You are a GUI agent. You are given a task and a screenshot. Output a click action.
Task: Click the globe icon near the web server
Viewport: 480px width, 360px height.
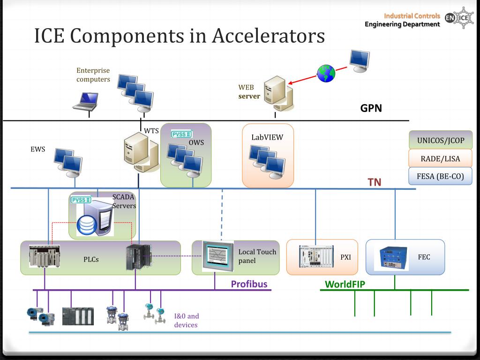[326, 74]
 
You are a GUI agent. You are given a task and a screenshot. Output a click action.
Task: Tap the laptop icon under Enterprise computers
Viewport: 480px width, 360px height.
[86, 102]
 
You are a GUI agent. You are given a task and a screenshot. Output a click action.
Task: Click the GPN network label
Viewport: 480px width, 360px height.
[371, 108]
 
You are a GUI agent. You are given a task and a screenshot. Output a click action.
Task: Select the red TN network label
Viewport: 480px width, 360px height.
[374, 182]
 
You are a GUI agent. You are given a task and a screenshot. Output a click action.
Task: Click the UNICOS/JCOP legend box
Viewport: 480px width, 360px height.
[441, 140]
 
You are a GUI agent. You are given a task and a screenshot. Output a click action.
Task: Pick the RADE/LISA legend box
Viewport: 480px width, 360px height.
[441, 158]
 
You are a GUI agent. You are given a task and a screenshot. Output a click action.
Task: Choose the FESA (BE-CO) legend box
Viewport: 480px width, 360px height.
[441, 176]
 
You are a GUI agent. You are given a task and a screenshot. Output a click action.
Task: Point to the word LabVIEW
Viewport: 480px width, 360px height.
[267, 137]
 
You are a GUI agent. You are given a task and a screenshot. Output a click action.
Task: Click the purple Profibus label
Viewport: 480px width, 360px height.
[249, 284]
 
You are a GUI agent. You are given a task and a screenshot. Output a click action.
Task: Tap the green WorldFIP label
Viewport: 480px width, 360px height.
[345, 285]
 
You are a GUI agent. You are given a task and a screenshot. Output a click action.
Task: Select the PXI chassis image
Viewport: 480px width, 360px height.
[316, 256]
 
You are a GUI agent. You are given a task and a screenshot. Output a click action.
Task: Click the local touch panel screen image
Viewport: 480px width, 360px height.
[218, 256]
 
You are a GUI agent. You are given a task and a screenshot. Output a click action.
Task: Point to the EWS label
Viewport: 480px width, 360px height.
[37, 150]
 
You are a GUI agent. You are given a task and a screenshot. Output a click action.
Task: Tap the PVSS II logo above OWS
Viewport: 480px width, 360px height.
[181, 134]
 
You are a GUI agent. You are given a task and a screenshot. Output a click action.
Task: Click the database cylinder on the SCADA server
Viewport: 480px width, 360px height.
[87, 225]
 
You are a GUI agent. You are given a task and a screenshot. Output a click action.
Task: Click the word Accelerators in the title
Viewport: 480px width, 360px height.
[268, 36]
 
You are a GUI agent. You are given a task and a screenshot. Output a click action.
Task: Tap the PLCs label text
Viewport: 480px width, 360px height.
[91, 260]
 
